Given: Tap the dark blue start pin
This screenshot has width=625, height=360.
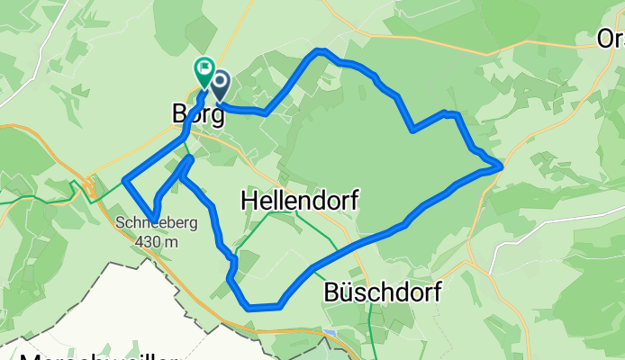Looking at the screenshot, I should [218, 85].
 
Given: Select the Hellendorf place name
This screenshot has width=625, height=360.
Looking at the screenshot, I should [299, 202].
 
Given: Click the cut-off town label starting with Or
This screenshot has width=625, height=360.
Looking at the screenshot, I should [611, 39].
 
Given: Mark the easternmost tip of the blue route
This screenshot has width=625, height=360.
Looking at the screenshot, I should [500, 165].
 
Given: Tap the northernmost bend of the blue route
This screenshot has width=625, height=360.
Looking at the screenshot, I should [318, 52].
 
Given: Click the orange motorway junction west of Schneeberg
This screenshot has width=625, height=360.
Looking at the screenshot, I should [90, 188].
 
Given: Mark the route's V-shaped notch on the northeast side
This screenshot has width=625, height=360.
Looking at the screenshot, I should [412, 129].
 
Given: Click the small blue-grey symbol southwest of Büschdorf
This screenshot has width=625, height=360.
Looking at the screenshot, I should [332, 334].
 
